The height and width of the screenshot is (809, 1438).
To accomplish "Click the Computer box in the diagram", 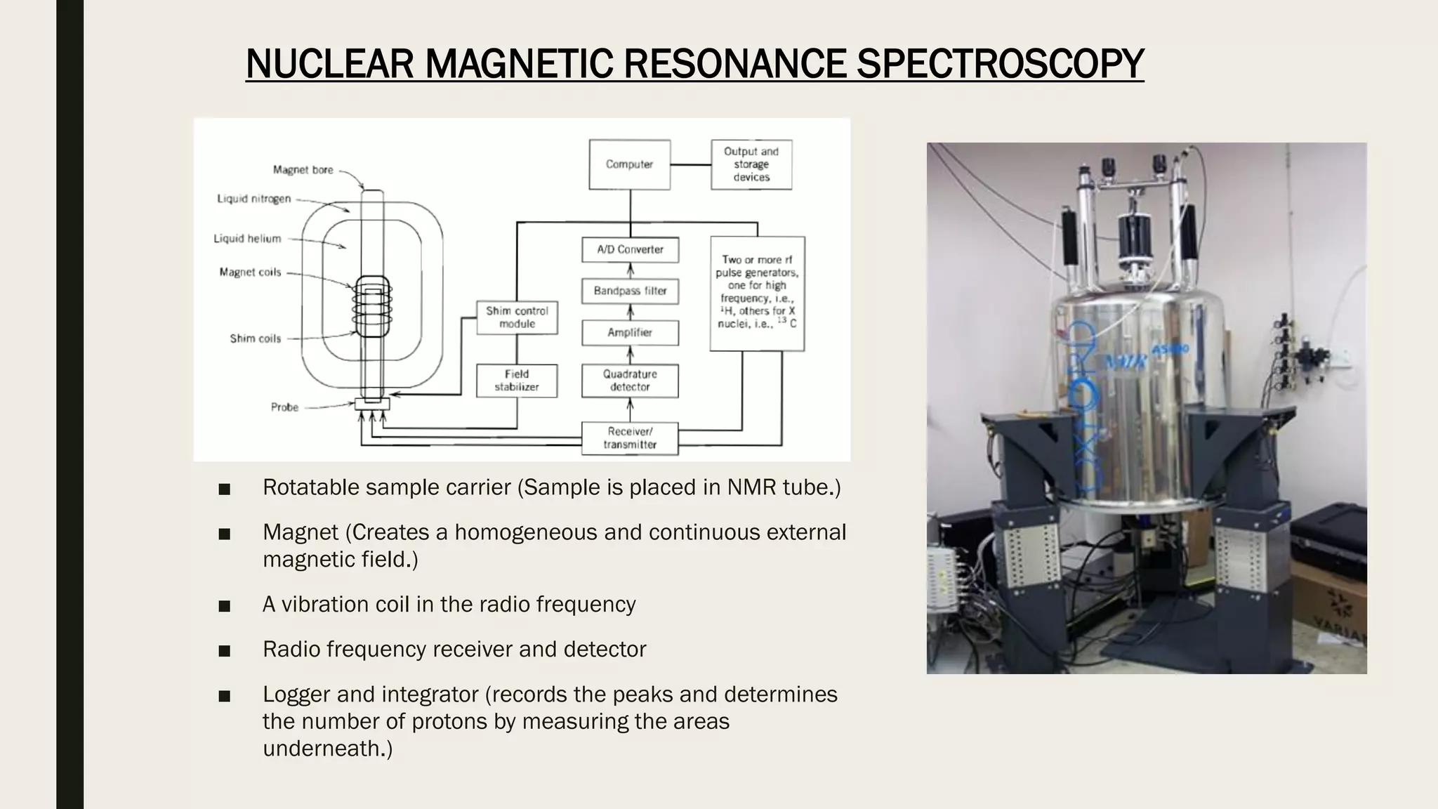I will point(629,164).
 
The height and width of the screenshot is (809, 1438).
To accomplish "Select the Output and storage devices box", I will point(751,164).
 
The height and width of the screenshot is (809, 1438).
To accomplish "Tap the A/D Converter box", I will point(630,249).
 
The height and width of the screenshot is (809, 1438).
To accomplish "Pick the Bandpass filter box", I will point(630,291).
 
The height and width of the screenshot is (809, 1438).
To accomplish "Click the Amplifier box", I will point(630,333).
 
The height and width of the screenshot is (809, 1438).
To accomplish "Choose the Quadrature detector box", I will point(630,381).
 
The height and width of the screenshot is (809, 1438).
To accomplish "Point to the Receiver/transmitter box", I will point(630,438).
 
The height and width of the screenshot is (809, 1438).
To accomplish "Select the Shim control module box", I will point(517,317).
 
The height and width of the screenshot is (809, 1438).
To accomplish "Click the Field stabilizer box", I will point(517,381).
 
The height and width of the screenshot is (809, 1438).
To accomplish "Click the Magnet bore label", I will point(303,170).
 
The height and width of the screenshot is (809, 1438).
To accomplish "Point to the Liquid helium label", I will point(247,239).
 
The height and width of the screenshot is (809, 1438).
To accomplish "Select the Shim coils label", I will point(255,338).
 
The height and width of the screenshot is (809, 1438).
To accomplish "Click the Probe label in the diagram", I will point(284,407).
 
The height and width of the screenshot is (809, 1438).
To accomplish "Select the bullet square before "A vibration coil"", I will point(225,605).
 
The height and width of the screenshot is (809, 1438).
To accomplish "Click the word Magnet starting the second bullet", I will point(301,532).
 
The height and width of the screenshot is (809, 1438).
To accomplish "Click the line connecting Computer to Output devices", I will point(691,164).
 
